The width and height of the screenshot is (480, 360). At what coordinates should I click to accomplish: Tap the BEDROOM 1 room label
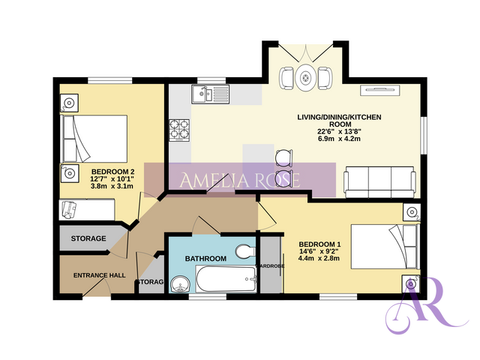[x=320, y=244]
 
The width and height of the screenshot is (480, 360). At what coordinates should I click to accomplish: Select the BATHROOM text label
[x=205, y=259]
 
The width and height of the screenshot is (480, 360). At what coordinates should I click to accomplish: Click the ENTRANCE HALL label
[x=99, y=275]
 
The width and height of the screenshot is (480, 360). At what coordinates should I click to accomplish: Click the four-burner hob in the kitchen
[x=180, y=130]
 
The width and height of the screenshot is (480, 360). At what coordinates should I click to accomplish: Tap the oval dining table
[x=305, y=78]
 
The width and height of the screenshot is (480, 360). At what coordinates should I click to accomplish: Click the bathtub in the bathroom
[x=224, y=283]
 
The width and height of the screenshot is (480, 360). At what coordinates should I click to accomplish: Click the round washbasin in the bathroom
[x=179, y=283]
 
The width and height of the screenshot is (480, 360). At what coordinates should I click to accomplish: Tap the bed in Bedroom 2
[x=94, y=136]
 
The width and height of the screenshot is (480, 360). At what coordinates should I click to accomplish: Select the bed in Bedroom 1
[x=383, y=247]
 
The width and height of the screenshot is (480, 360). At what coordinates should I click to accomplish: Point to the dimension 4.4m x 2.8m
[x=319, y=259]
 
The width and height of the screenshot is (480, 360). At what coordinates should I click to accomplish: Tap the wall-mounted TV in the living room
[x=382, y=91]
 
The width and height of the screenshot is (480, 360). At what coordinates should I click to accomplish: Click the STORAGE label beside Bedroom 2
[x=88, y=238]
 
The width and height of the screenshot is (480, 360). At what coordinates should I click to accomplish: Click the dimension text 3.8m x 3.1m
[x=112, y=187]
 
